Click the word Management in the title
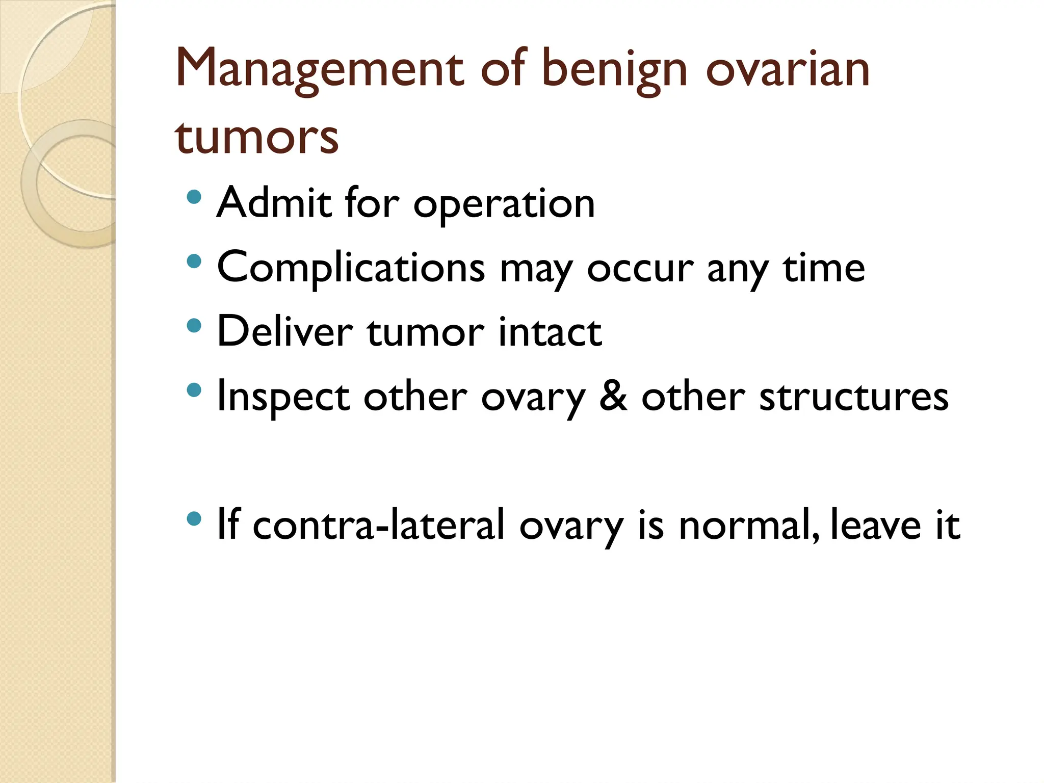pyautogui.click(x=319, y=70)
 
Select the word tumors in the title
pyautogui.click(x=256, y=138)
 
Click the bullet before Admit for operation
pyautogui.click(x=194, y=197)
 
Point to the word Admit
pyautogui.click(x=274, y=203)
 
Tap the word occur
pyautogui.click(x=640, y=269)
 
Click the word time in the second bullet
pyautogui.click(x=824, y=268)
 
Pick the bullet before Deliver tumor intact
pyautogui.click(x=194, y=326)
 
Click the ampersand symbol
pyautogui.click(x=613, y=397)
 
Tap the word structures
pyautogui.click(x=853, y=397)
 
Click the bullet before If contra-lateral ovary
pyautogui.click(x=194, y=519)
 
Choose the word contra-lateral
pyautogui.click(x=378, y=525)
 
